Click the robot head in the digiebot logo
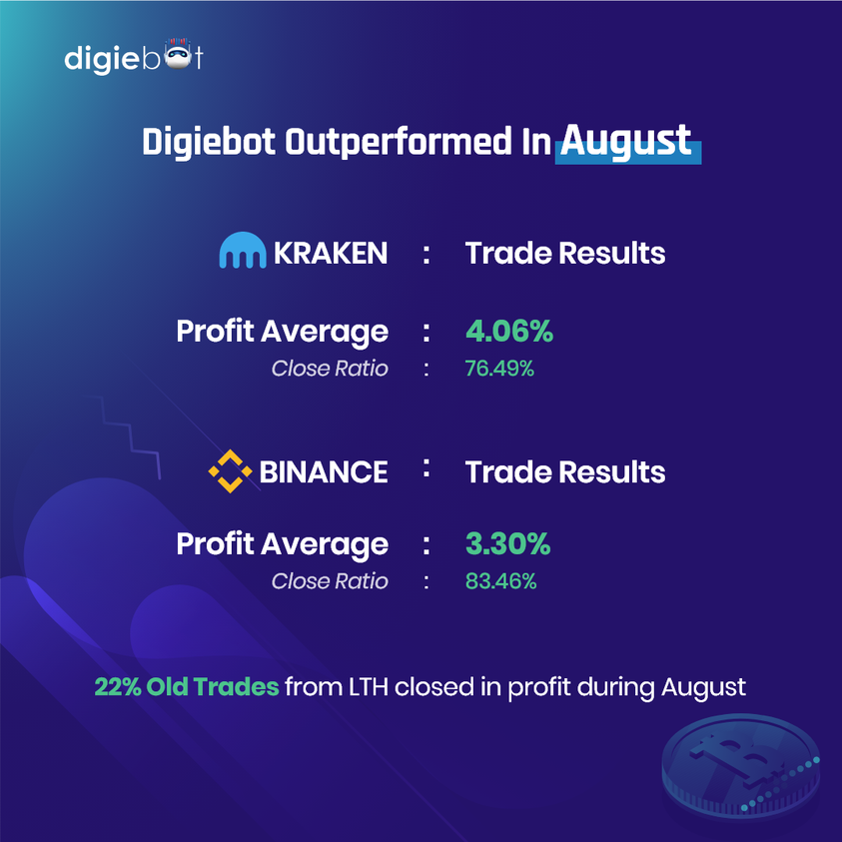point(178,55)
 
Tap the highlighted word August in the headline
point(626,141)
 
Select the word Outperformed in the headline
point(399,142)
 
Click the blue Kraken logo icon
point(242,251)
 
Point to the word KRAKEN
point(331,253)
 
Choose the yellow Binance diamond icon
point(230,471)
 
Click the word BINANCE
point(324,472)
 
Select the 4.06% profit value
point(509,331)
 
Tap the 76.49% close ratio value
point(499,369)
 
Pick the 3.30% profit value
point(507,543)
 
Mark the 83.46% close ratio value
point(500,581)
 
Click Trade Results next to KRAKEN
point(565,253)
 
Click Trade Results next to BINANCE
point(565,472)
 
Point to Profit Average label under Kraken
point(282,333)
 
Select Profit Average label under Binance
point(282,545)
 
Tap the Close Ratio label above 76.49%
point(330,369)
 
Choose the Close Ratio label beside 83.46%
point(330,581)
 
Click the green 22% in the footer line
point(118,687)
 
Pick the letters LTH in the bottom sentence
point(369,687)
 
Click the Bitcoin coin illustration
point(741,766)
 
